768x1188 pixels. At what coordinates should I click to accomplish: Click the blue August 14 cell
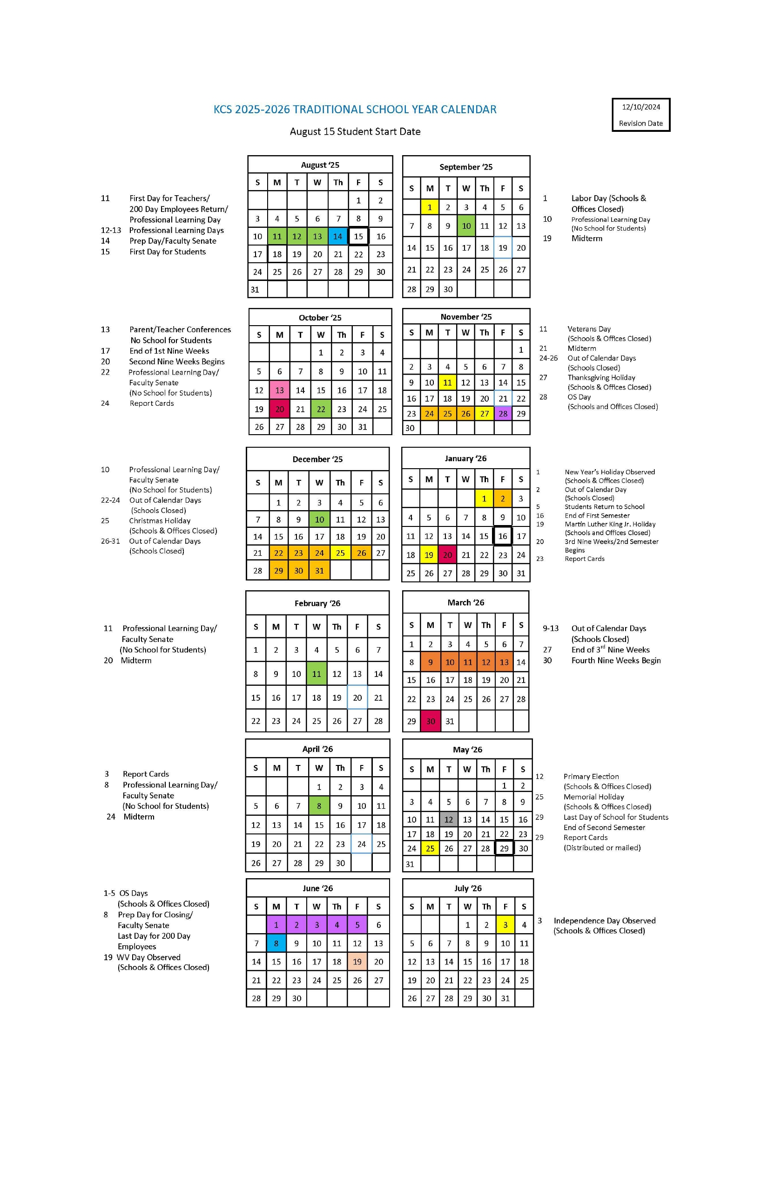coord(337,236)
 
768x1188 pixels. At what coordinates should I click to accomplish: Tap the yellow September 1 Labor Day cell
coord(429,207)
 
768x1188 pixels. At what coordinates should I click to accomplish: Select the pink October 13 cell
coord(279,390)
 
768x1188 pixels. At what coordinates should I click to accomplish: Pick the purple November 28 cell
coord(503,413)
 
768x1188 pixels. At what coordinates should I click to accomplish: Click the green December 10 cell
coord(319,519)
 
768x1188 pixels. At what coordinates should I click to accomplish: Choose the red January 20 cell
coord(447,554)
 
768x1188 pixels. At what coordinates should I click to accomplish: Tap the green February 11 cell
coord(316,674)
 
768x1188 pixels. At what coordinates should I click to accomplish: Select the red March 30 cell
coord(431,721)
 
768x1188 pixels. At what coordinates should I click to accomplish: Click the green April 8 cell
coord(319,806)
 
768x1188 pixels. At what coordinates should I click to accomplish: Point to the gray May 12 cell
coord(448,819)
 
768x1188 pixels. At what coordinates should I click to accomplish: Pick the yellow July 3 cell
coord(505,925)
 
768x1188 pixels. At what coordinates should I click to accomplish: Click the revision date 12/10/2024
coord(640,107)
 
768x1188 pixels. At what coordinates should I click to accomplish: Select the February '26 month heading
coord(317,603)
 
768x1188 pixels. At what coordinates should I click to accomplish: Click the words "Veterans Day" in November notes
coord(588,329)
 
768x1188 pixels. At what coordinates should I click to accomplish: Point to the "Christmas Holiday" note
coord(160,521)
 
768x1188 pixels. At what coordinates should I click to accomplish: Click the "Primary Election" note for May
coord(591,776)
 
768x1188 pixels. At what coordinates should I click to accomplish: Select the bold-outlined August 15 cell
coord(358,236)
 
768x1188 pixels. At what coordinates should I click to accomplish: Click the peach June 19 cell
coord(357,962)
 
